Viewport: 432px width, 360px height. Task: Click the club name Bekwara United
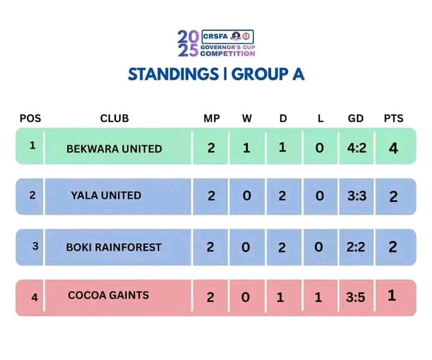click(114, 148)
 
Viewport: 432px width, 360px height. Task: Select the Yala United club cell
click(106, 195)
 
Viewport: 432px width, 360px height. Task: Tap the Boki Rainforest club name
click(113, 247)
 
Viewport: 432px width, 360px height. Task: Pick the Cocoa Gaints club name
click(108, 295)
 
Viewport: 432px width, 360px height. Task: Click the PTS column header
click(393, 118)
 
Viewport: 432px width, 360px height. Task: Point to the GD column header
click(356, 118)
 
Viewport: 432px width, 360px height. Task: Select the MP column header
click(211, 118)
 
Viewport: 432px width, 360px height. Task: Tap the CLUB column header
click(114, 118)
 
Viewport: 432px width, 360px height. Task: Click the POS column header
click(31, 118)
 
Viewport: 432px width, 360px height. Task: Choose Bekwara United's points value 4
click(393, 148)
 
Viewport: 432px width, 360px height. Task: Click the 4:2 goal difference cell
click(356, 148)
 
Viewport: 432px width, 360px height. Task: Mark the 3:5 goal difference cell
click(356, 296)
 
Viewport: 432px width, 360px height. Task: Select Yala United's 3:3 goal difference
click(356, 196)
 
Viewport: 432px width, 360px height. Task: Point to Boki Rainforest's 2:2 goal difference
click(356, 247)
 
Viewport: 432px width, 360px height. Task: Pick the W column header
click(247, 118)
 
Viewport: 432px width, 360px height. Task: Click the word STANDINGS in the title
click(173, 74)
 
